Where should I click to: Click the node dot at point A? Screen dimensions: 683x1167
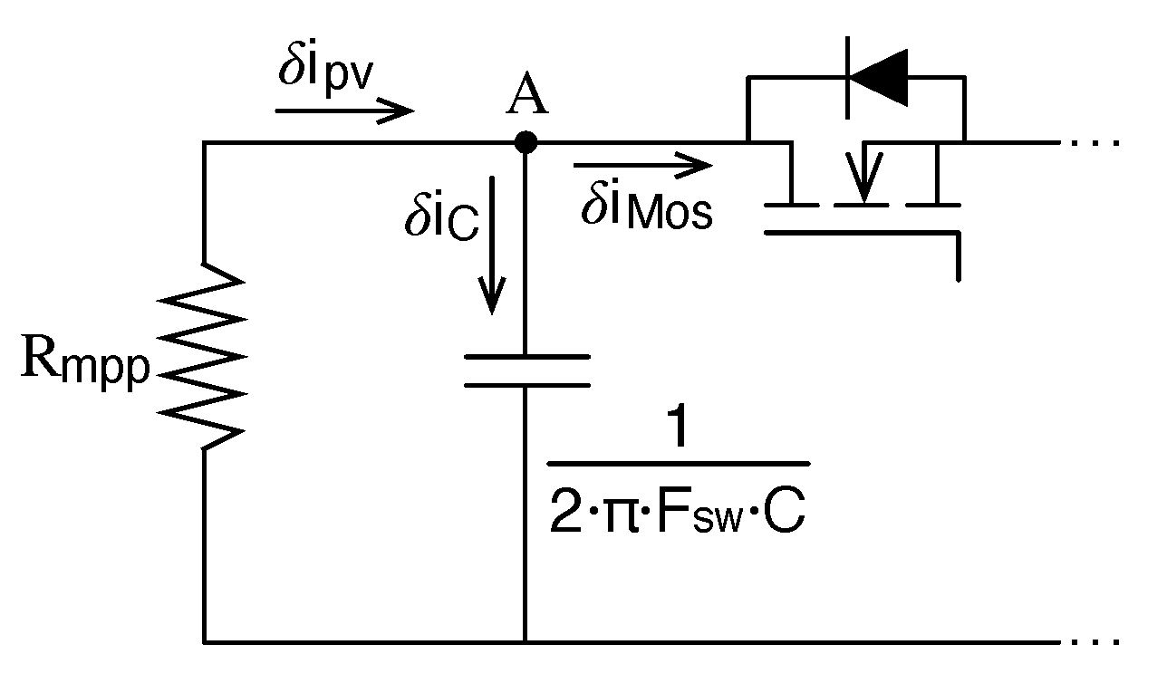(x=526, y=142)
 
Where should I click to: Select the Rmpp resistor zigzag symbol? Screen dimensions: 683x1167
(x=204, y=356)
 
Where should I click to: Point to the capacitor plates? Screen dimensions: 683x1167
(x=526, y=371)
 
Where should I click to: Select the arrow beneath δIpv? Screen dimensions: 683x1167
(x=344, y=111)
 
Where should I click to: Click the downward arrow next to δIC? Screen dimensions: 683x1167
(x=493, y=245)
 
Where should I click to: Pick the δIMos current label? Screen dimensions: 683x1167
(x=645, y=209)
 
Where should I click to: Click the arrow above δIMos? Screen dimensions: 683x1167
(x=643, y=166)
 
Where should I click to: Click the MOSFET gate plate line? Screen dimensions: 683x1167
(x=861, y=233)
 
